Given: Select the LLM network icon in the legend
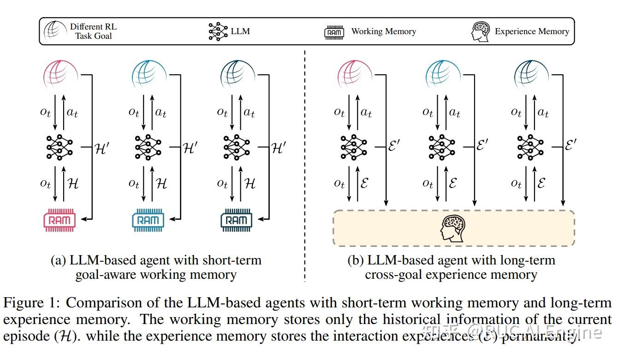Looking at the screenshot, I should pyautogui.click(x=218, y=31).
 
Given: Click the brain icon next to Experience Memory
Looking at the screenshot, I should pyautogui.click(x=481, y=31).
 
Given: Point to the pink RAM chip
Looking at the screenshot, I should pyautogui.click(x=59, y=220).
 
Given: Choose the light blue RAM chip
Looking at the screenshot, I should pyautogui.click(x=148, y=220).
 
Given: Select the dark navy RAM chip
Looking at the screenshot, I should pyautogui.click(x=237, y=220).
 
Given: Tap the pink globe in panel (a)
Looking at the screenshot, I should pyautogui.click(x=60, y=74).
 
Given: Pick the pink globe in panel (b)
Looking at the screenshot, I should pyautogui.click(x=354, y=74).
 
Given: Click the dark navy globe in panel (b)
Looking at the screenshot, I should pyautogui.click(x=531, y=74).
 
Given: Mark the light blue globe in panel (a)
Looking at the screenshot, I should pyautogui.click(x=149, y=74).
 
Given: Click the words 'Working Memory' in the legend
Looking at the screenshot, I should pyautogui.click(x=383, y=31).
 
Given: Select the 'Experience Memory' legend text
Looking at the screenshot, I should pyautogui.click(x=532, y=31).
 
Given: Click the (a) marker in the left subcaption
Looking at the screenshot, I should pyautogui.click(x=59, y=260).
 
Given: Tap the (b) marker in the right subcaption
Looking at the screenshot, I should pyautogui.click(x=356, y=260).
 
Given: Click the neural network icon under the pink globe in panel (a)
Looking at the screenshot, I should pyautogui.click(x=60, y=147).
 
